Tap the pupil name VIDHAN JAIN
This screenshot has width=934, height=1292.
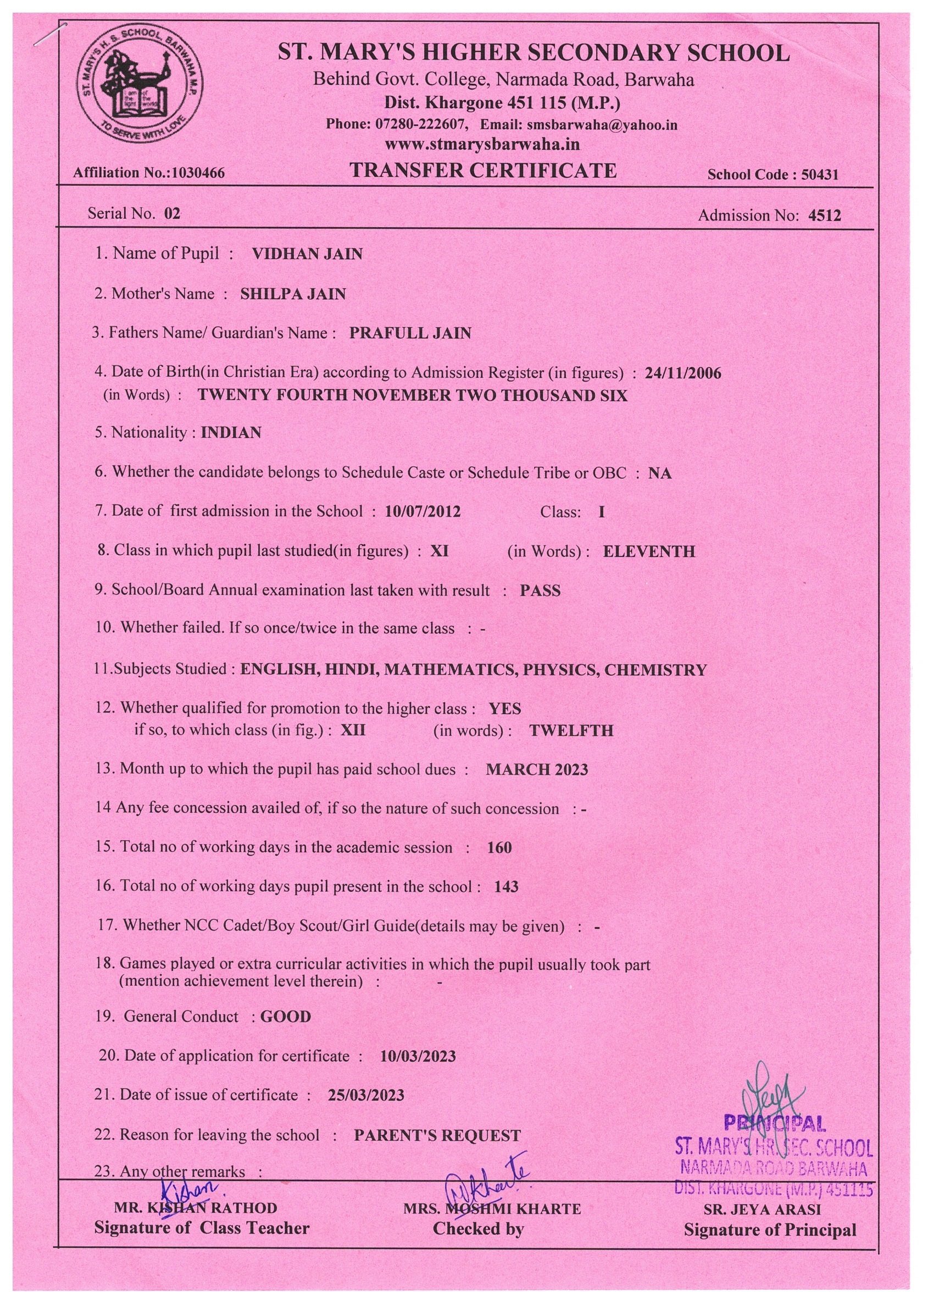point(307,254)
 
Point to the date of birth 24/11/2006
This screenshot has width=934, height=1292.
point(682,373)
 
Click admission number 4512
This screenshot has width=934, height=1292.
point(824,216)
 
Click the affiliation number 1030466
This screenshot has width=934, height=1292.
point(198,173)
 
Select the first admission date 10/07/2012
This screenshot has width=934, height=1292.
point(422,511)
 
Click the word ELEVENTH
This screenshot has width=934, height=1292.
point(649,551)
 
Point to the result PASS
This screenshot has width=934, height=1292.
point(540,590)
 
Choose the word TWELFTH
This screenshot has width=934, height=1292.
point(571,731)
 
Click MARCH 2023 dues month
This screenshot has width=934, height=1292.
point(536,770)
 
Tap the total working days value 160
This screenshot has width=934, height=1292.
point(499,848)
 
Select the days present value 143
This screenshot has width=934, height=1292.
point(506,887)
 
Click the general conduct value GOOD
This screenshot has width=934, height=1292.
point(285,1017)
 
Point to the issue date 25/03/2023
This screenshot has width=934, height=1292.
point(366,1096)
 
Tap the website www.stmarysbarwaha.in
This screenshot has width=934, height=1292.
point(482,144)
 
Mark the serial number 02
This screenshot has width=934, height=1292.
point(171,214)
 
